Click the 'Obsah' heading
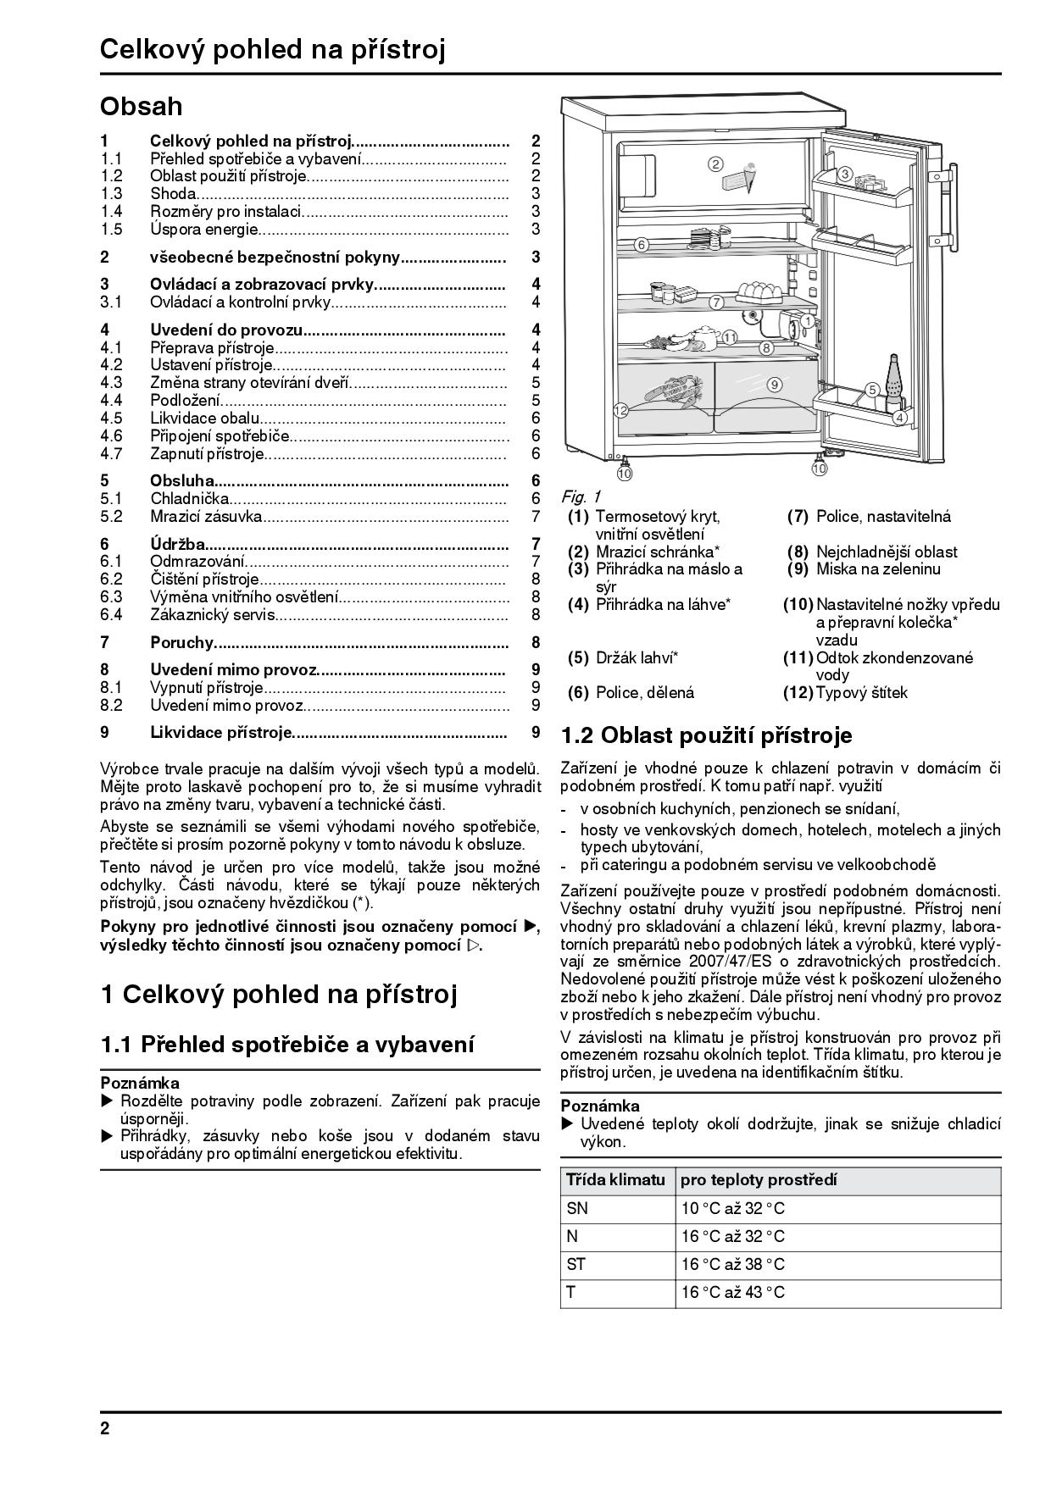tap(141, 107)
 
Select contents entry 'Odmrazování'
tap(197, 561)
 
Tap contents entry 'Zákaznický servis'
tap(213, 615)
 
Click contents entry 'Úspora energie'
tap(203, 229)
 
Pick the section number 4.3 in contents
tap(111, 382)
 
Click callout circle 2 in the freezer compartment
tap(715, 164)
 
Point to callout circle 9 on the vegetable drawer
tap(775, 384)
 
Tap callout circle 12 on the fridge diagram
tap(620, 410)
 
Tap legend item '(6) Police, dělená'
tap(631, 693)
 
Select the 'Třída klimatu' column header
tap(616, 1179)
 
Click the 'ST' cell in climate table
tap(576, 1264)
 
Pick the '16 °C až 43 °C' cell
tap(733, 1292)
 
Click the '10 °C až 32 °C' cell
tap(733, 1208)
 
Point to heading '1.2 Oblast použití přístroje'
tap(706, 735)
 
